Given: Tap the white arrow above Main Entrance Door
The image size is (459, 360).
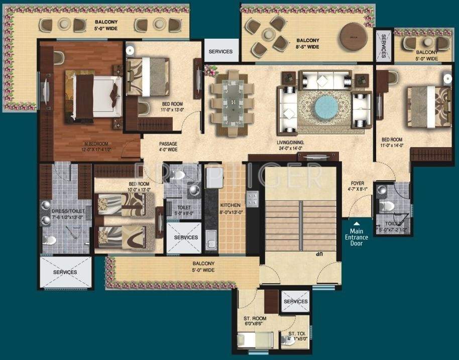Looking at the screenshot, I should (x=356, y=224).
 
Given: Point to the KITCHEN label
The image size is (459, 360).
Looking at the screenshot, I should (x=231, y=205).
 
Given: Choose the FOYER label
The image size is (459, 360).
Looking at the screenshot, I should (x=358, y=184).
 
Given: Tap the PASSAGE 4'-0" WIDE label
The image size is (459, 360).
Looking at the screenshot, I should (x=168, y=146).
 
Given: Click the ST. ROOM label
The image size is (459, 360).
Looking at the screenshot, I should (x=255, y=318).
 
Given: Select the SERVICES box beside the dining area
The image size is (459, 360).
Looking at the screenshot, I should (x=220, y=51).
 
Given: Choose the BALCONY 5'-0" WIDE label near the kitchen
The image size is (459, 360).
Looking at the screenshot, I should (x=203, y=266).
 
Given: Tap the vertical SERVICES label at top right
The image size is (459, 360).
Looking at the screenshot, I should (x=384, y=45).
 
